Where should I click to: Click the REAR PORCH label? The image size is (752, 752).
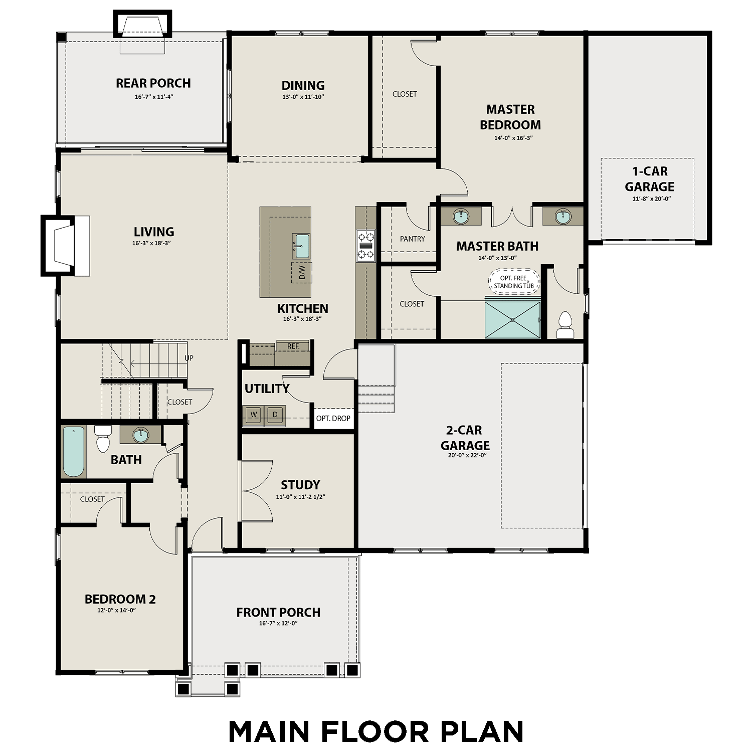[153, 83]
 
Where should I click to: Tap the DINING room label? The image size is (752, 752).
[303, 86]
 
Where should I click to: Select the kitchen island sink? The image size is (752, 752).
[302, 246]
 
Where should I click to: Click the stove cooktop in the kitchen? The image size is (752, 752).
[365, 246]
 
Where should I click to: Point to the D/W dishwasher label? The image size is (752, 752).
[302, 273]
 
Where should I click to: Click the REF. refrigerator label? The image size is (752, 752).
[293, 346]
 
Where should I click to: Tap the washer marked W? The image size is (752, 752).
[254, 415]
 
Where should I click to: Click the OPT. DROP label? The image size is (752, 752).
[333, 419]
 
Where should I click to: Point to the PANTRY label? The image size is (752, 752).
[412, 239]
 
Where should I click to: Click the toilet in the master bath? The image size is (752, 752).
[565, 325]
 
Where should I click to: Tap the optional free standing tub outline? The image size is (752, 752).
[514, 282]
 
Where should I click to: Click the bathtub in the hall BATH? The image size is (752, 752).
[74, 451]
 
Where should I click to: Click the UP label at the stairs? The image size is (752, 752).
[189, 358]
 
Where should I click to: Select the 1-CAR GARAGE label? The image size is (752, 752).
[649, 179]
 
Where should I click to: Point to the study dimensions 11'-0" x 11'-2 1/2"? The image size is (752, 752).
[300, 497]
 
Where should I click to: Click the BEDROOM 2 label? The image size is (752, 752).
[120, 599]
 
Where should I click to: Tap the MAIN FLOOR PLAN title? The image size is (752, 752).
[376, 731]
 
